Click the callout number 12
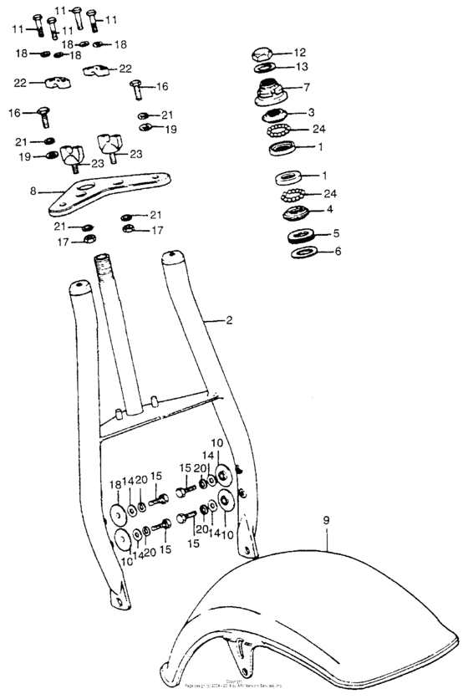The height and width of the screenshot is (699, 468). click(300, 52)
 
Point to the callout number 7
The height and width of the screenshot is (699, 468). click(307, 87)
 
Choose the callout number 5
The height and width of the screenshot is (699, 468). click(336, 234)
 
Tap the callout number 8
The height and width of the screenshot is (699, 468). click(33, 191)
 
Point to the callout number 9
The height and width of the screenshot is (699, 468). click(327, 520)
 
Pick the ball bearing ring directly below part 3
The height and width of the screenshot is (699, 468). click(280, 131)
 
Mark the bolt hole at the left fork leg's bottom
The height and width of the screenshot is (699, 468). click(119, 600)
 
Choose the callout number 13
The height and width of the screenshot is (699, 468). click(301, 67)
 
